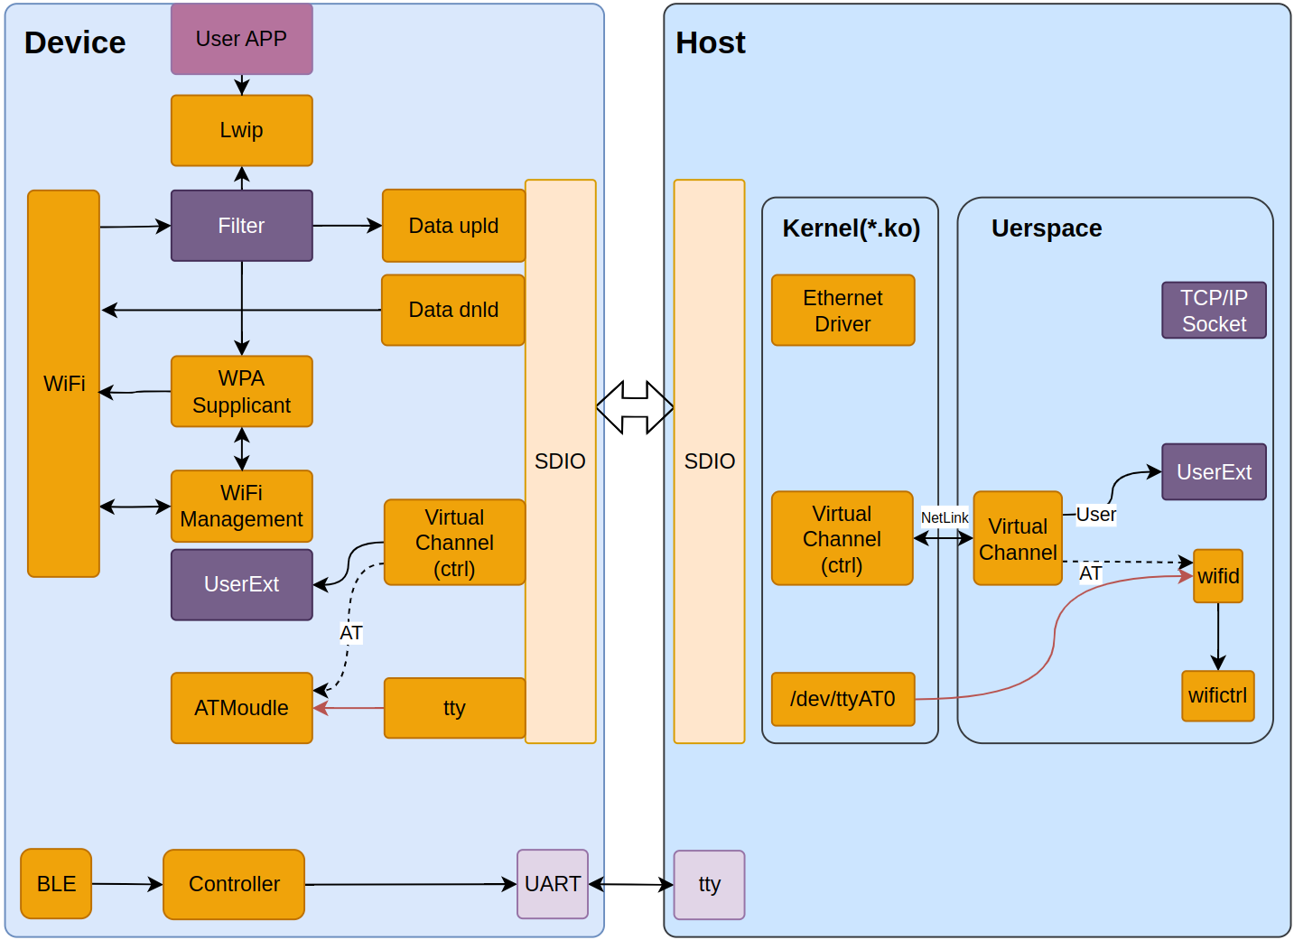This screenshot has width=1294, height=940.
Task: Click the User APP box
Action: (241, 39)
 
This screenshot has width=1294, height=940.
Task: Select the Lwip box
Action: (241, 130)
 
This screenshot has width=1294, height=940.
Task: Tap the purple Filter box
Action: (241, 226)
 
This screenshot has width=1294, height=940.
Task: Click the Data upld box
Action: (453, 226)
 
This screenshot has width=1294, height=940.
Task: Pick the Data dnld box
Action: (453, 310)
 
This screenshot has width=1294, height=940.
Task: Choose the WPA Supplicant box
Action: (241, 391)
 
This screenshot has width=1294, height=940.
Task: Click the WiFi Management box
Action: (241, 506)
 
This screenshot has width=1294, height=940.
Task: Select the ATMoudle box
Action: (241, 708)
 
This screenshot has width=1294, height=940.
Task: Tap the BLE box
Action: (56, 884)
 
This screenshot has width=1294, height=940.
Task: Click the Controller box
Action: (234, 884)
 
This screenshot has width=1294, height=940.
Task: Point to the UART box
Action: (553, 884)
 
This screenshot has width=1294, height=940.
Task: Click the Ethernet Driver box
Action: (842, 311)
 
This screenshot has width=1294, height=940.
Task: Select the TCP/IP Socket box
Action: (1214, 311)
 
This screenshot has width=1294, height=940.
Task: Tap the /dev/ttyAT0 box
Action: (842, 699)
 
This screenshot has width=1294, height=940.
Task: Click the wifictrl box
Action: (1217, 695)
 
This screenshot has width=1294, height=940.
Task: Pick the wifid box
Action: (1218, 576)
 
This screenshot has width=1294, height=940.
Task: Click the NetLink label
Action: (945, 517)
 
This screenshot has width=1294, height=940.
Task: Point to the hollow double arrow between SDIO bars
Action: (635, 407)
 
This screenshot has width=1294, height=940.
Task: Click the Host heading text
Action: (711, 42)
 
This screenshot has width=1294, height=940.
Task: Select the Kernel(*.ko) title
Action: (851, 228)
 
